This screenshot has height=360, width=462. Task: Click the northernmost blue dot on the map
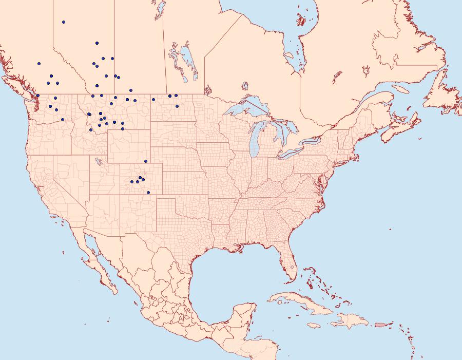click(x=63, y=22)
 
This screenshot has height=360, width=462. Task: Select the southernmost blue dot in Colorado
click(x=148, y=193)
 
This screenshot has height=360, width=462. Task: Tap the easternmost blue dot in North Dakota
click(x=177, y=106)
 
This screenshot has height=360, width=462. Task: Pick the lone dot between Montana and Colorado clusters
click(x=146, y=161)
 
